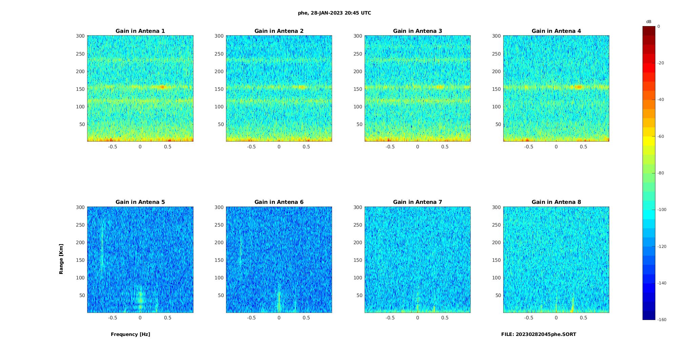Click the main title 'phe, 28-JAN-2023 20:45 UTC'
point(334,13)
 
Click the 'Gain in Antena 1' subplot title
point(140,31)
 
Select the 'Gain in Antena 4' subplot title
point(556,31)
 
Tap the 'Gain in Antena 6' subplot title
point(279,202)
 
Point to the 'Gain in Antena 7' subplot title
point(417,202)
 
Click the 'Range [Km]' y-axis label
point(61,259)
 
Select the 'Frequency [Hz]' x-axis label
point(130,334)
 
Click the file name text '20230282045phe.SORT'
point(546,334)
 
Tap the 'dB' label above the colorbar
point(649,22)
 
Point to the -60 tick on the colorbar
point(661,136)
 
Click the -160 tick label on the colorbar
point(662,320)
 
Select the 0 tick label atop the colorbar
point(658,26)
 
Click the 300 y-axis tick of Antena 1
point(80,36)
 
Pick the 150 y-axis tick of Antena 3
point(358,89)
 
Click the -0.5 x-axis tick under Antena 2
point(251,147)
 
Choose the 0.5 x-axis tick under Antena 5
point(167,318)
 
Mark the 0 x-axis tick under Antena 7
point(417,318)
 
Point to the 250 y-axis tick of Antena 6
point(219,225)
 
